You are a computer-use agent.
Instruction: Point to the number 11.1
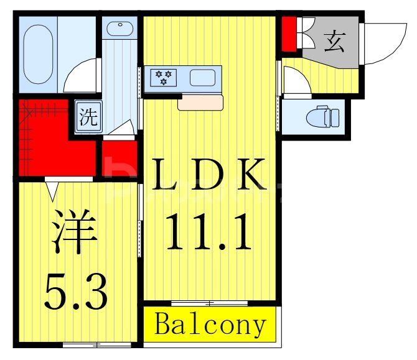click(209, 231)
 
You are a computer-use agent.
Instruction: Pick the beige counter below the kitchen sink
click(200, 102)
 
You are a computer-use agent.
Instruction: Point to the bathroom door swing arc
click(80, 77)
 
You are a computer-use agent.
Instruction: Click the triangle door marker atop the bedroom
click(52, 188)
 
